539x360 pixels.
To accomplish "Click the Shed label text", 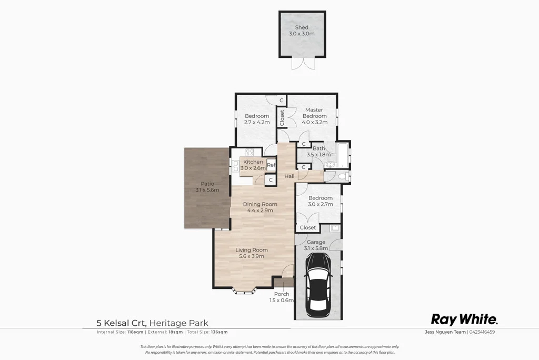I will [x=302, y=27].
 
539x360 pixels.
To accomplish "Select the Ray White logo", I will [x=464, y=319].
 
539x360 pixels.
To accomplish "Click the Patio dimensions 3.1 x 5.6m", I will [x=207, y=189].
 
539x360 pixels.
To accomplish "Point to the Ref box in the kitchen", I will [x=271, y=165].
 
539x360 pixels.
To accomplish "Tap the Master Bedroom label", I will [x=314, y=113].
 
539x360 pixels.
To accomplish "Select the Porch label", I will [x=282, y=294].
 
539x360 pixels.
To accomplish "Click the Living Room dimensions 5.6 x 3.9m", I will [x=252, y=256].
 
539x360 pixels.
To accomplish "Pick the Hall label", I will [x=290, y=176].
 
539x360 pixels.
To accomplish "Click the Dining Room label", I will [x=260, y=204].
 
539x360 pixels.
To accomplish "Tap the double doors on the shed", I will [x=303, y=63].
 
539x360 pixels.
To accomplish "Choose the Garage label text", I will [x=316, y=242].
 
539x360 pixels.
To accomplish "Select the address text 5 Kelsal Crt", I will [x=121, y=323].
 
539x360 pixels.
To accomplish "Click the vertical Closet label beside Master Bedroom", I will [x=282, y=118].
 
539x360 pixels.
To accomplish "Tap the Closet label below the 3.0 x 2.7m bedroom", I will [x=308, y=228].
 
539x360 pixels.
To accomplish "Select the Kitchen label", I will [x=253, y=162].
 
